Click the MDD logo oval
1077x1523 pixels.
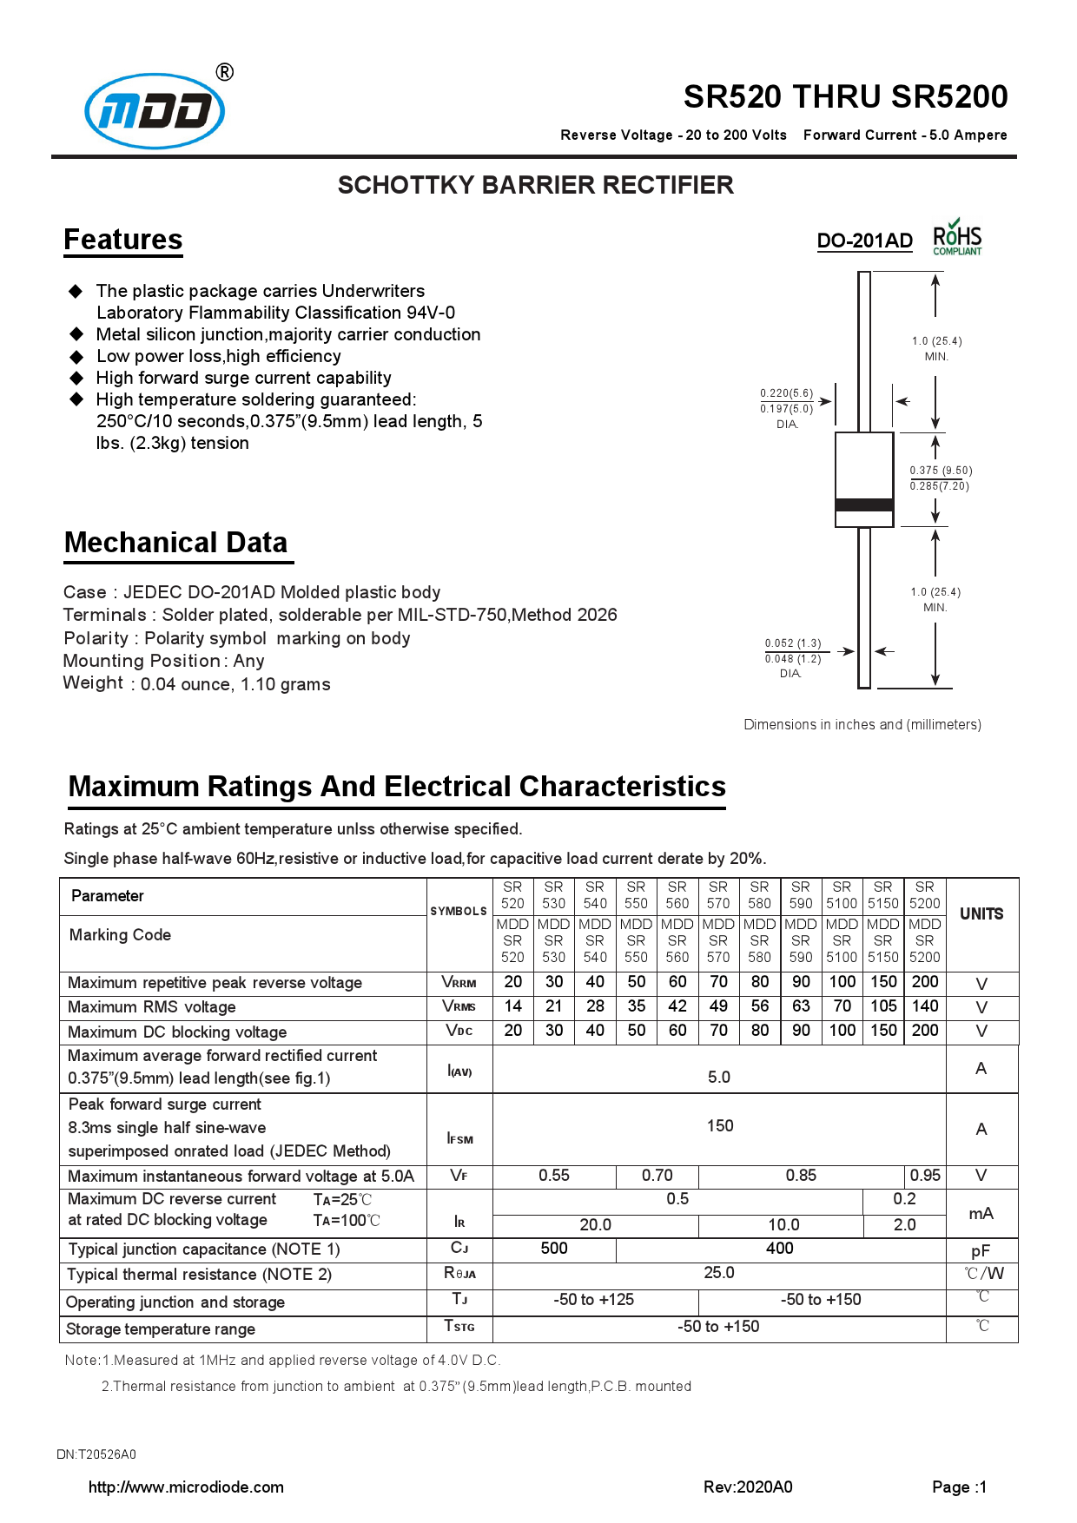click(x=155, y=111)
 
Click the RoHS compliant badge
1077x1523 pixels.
click(x=957, y=238)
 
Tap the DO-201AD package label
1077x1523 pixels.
click(x=864, y=241)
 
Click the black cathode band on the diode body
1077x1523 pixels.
click(x=863, y=504)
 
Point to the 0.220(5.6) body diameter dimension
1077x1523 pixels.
click(x=786, y=393)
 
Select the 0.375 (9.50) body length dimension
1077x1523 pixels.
click(x=941, y=471)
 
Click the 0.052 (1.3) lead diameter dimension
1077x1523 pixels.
click(x=792, y=643)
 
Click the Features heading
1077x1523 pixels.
click(x=123, y=240)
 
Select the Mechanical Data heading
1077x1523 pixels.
click(x=175, y=543)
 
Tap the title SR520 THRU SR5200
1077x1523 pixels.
click(x=844, y=96)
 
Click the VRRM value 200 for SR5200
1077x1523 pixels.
click(x=924, y=982)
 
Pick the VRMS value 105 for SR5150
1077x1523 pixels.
click(x=883, y=1006)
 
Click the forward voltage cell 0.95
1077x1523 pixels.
click(x=924, y=1176)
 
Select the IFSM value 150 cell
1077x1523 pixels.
click(x=719, y=1126)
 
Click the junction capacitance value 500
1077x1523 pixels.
click(x=554, y=1249)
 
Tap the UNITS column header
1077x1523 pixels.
click(x=981, y=914)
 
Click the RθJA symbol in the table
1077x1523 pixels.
click(x=459, y=1274)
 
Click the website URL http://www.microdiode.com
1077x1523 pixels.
click(x=186, y=1487)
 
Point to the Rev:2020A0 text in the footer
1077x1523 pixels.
click(x=747, y=1487)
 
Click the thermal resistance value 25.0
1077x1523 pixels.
click(x=718, y=1273)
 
